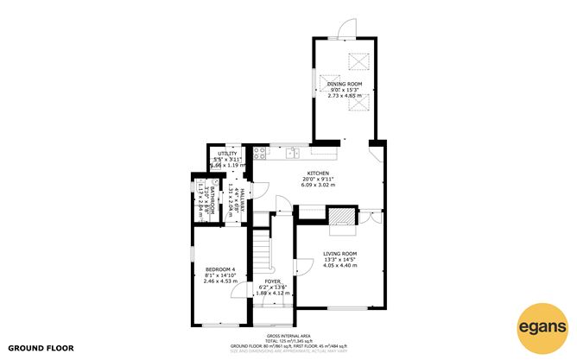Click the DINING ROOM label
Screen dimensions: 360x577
(344, 84)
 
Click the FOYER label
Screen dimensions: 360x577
(273, 281)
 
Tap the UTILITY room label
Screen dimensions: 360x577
(227, 153)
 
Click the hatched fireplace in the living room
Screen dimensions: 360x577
(343, 216)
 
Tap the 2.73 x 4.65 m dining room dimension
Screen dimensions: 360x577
(344, 96)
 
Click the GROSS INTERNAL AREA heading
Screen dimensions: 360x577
(288, 336)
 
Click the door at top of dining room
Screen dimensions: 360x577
(345, 32)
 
